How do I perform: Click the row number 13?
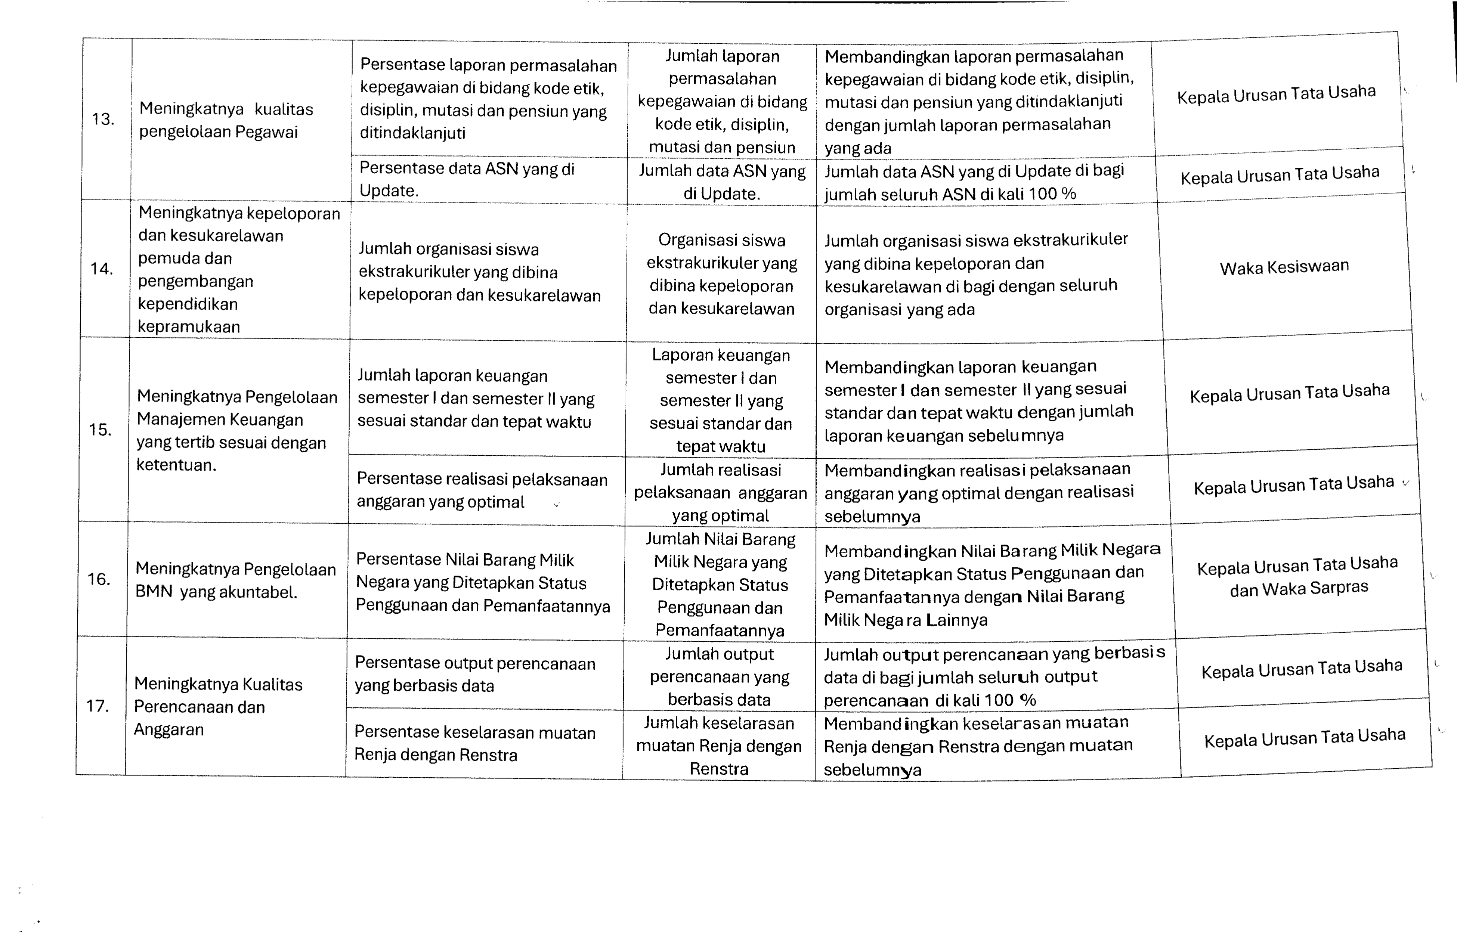[x=103, y=119]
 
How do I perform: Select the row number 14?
[x=102, y=269]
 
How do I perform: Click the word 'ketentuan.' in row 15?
[x=176, y=465]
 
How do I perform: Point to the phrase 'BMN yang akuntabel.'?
[x=216, y=592]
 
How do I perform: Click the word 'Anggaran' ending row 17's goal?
[x=168, y=729]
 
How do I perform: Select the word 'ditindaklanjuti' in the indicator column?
[x=412, y=133]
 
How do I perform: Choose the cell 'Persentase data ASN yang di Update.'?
[x=467, y=179]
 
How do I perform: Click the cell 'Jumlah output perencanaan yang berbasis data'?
[x=719, y=676]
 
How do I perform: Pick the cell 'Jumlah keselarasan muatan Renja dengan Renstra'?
[x=719, y=746]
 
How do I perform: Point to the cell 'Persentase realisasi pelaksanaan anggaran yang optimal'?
[x=482, y=490]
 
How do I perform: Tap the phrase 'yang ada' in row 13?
[x=858, y=149]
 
